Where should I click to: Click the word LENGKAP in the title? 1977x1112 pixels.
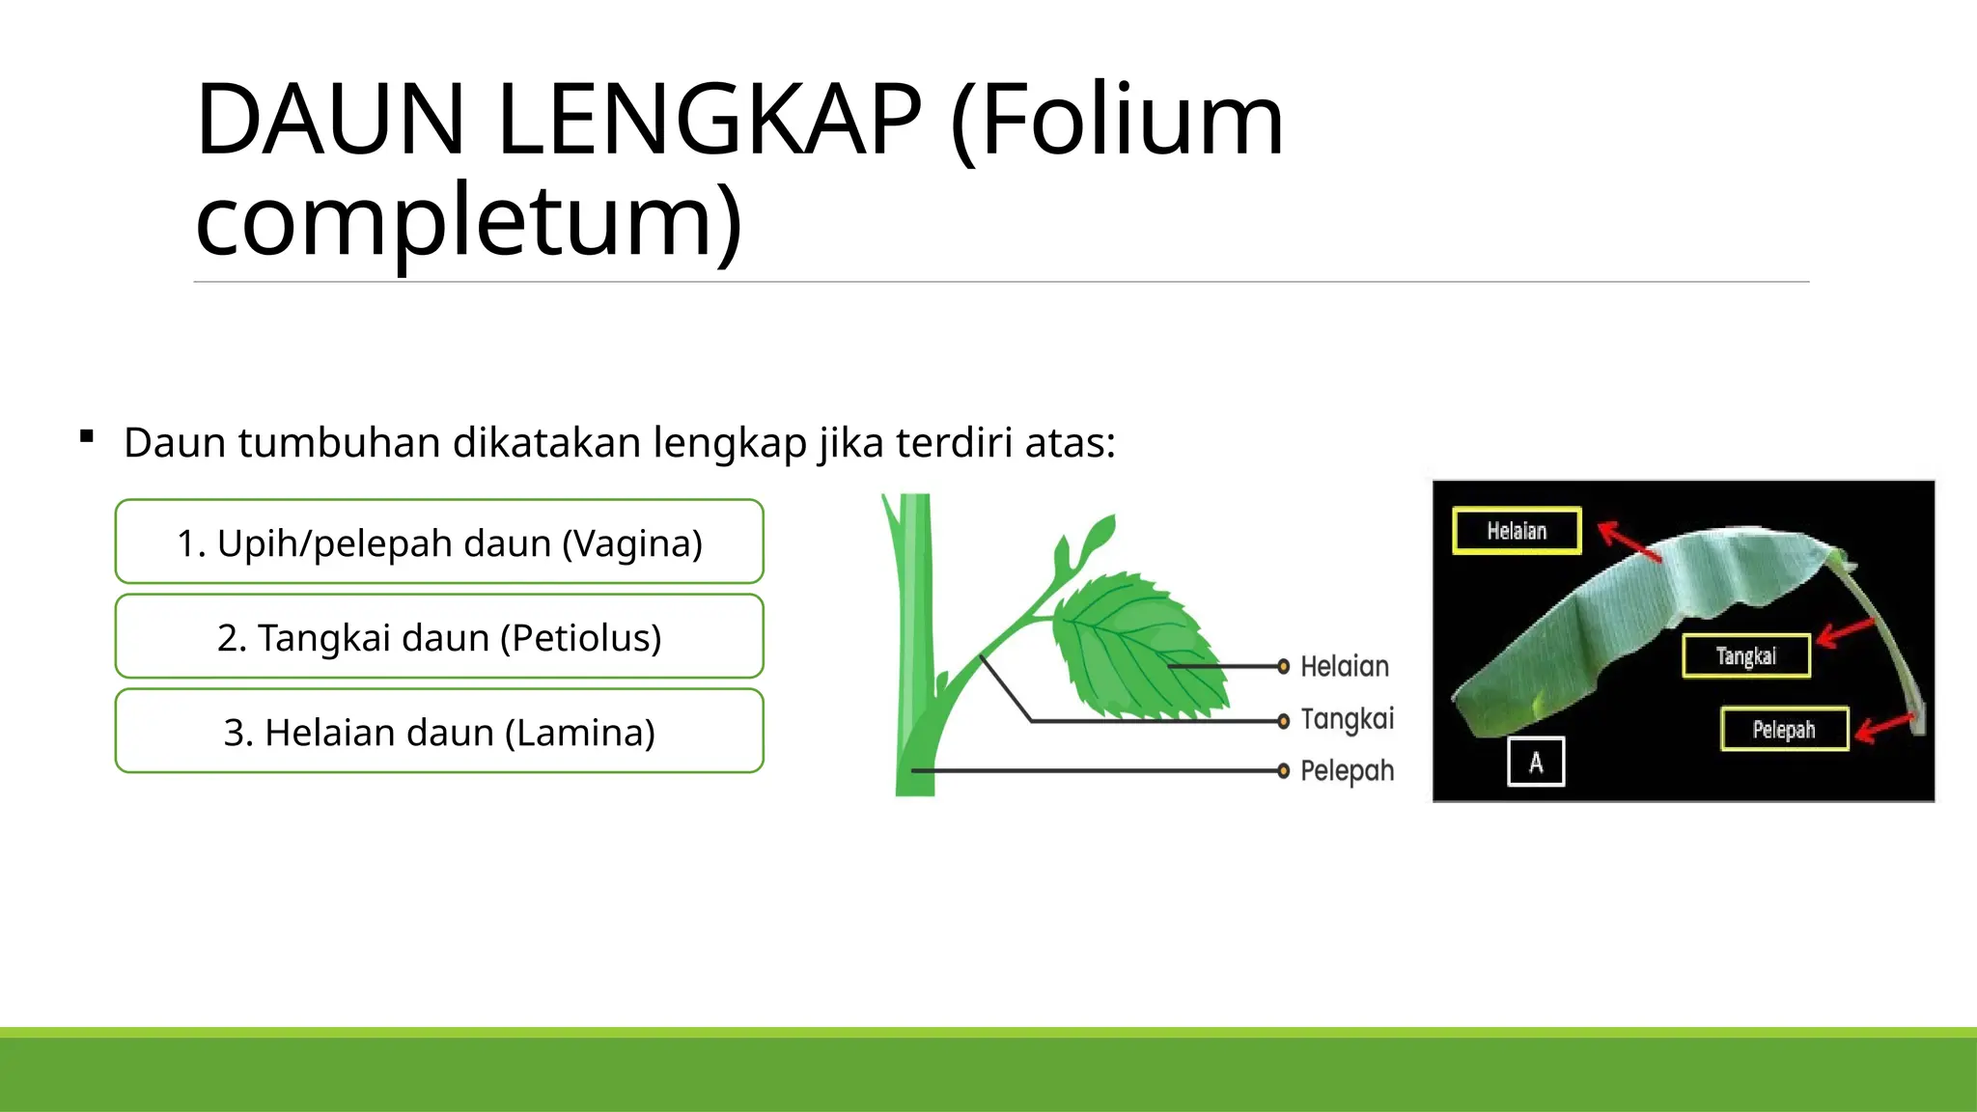710,120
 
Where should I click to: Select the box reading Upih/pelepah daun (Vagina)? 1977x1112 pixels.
439,542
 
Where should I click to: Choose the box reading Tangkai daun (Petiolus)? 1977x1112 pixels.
439,637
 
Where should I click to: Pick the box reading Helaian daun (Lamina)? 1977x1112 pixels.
439,732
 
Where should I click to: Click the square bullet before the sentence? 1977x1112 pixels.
88,436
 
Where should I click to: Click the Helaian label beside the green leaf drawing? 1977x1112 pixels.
1344,666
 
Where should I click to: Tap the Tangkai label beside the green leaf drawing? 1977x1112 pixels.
1347,719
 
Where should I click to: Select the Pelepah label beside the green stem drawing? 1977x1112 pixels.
1347,771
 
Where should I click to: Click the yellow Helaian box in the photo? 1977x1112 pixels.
1517,531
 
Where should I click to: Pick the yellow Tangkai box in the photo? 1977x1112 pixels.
1745,656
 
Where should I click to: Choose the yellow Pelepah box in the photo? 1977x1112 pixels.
1784,730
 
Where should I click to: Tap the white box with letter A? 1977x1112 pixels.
1536,763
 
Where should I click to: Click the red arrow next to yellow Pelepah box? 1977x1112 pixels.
1883,727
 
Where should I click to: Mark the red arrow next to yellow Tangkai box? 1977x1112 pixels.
1845,633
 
